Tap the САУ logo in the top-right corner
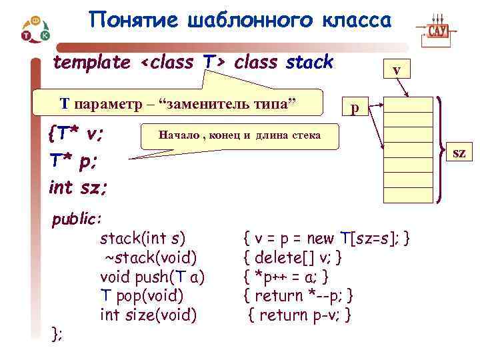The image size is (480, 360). [438, 29]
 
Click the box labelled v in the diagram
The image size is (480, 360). [397, 70]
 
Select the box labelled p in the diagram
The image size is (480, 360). [355, 107]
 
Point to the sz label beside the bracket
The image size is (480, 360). [459, 154]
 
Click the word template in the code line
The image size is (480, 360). [92, 63]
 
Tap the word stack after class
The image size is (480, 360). [309, 63]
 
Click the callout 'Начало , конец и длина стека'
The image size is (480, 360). [239, 135]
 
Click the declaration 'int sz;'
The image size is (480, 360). [78, 187]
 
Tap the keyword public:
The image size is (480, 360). [77, 219]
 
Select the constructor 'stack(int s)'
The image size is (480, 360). [142, 237]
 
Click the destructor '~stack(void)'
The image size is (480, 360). [147, 257]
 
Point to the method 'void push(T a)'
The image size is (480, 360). [152, 276]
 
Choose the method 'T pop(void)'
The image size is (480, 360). [141, 295]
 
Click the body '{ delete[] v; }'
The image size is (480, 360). [293, 257]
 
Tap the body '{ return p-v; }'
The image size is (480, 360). [299, 314]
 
